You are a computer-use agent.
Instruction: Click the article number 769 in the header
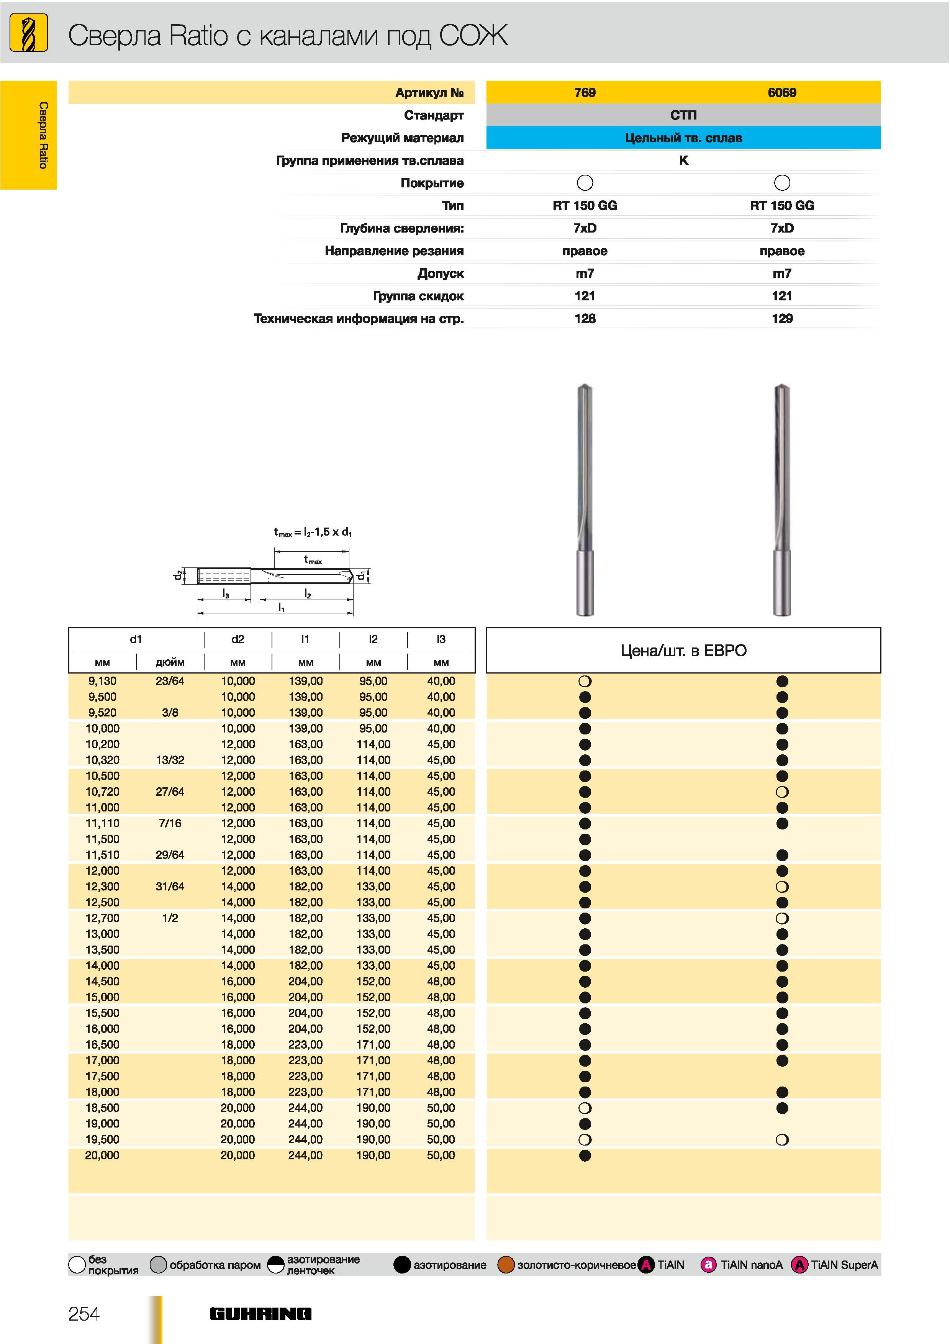pos(585,92)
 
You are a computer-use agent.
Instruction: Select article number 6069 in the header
pos(782,92)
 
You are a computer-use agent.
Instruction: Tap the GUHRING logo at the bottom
pos(260,1314)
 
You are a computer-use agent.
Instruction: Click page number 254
pos(84,1314)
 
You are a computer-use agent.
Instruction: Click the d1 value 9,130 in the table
pos(102,681)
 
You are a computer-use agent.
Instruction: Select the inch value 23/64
pos(170,681)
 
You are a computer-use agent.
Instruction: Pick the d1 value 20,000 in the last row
pos(102,1155)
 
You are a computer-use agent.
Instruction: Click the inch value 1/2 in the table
pos(170,918)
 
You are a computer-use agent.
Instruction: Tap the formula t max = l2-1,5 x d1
pos(313,532)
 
